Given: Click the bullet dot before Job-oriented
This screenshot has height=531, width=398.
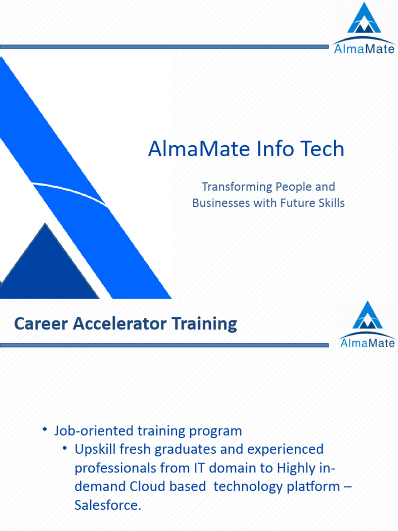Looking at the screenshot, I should click(x=45, y=429).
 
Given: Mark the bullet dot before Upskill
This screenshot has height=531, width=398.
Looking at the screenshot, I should click(x=65, y=448).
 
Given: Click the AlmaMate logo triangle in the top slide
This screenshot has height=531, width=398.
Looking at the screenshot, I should click(x=364, y=19).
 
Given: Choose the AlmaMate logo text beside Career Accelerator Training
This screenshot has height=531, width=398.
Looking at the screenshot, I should click(x=367, y=343).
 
